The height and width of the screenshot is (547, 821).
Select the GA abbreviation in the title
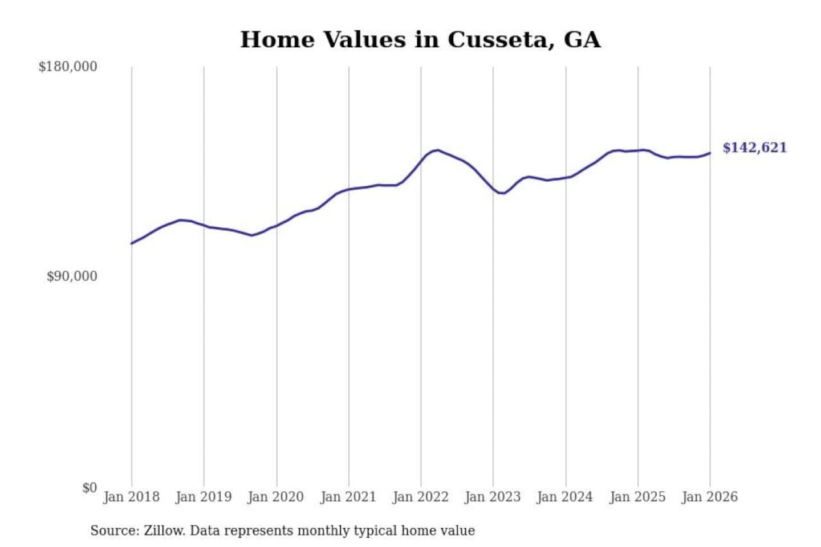click(x=582, y=40)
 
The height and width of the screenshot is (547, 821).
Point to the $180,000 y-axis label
click(x=68, y=67)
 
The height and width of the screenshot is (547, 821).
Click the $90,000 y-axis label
click(x=72, y=276)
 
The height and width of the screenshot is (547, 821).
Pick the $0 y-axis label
click(x=90, y=488)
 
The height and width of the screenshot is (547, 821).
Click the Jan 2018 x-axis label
click(x=131, y=497)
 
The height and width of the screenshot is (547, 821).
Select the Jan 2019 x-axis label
click(x=204, y=497)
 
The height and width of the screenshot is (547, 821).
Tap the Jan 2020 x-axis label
click(x=276, y=497)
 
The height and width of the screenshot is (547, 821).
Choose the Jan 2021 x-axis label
click(x=348, y=497)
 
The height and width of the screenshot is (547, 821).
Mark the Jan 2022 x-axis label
click(x=421, y=497)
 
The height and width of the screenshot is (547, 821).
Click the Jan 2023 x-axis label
click(x=493, y=497)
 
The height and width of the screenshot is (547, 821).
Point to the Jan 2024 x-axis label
click(x=565, y=497)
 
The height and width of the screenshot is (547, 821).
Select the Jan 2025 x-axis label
click(x=637, y=497)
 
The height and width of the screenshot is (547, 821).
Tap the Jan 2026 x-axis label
click(x=710, y=497)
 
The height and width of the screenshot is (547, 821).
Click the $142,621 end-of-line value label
click(x=754, y=148)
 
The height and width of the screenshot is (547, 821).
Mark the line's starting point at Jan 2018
click(x=132, y=243)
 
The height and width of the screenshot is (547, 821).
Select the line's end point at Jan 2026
click(x=710, y=153)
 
